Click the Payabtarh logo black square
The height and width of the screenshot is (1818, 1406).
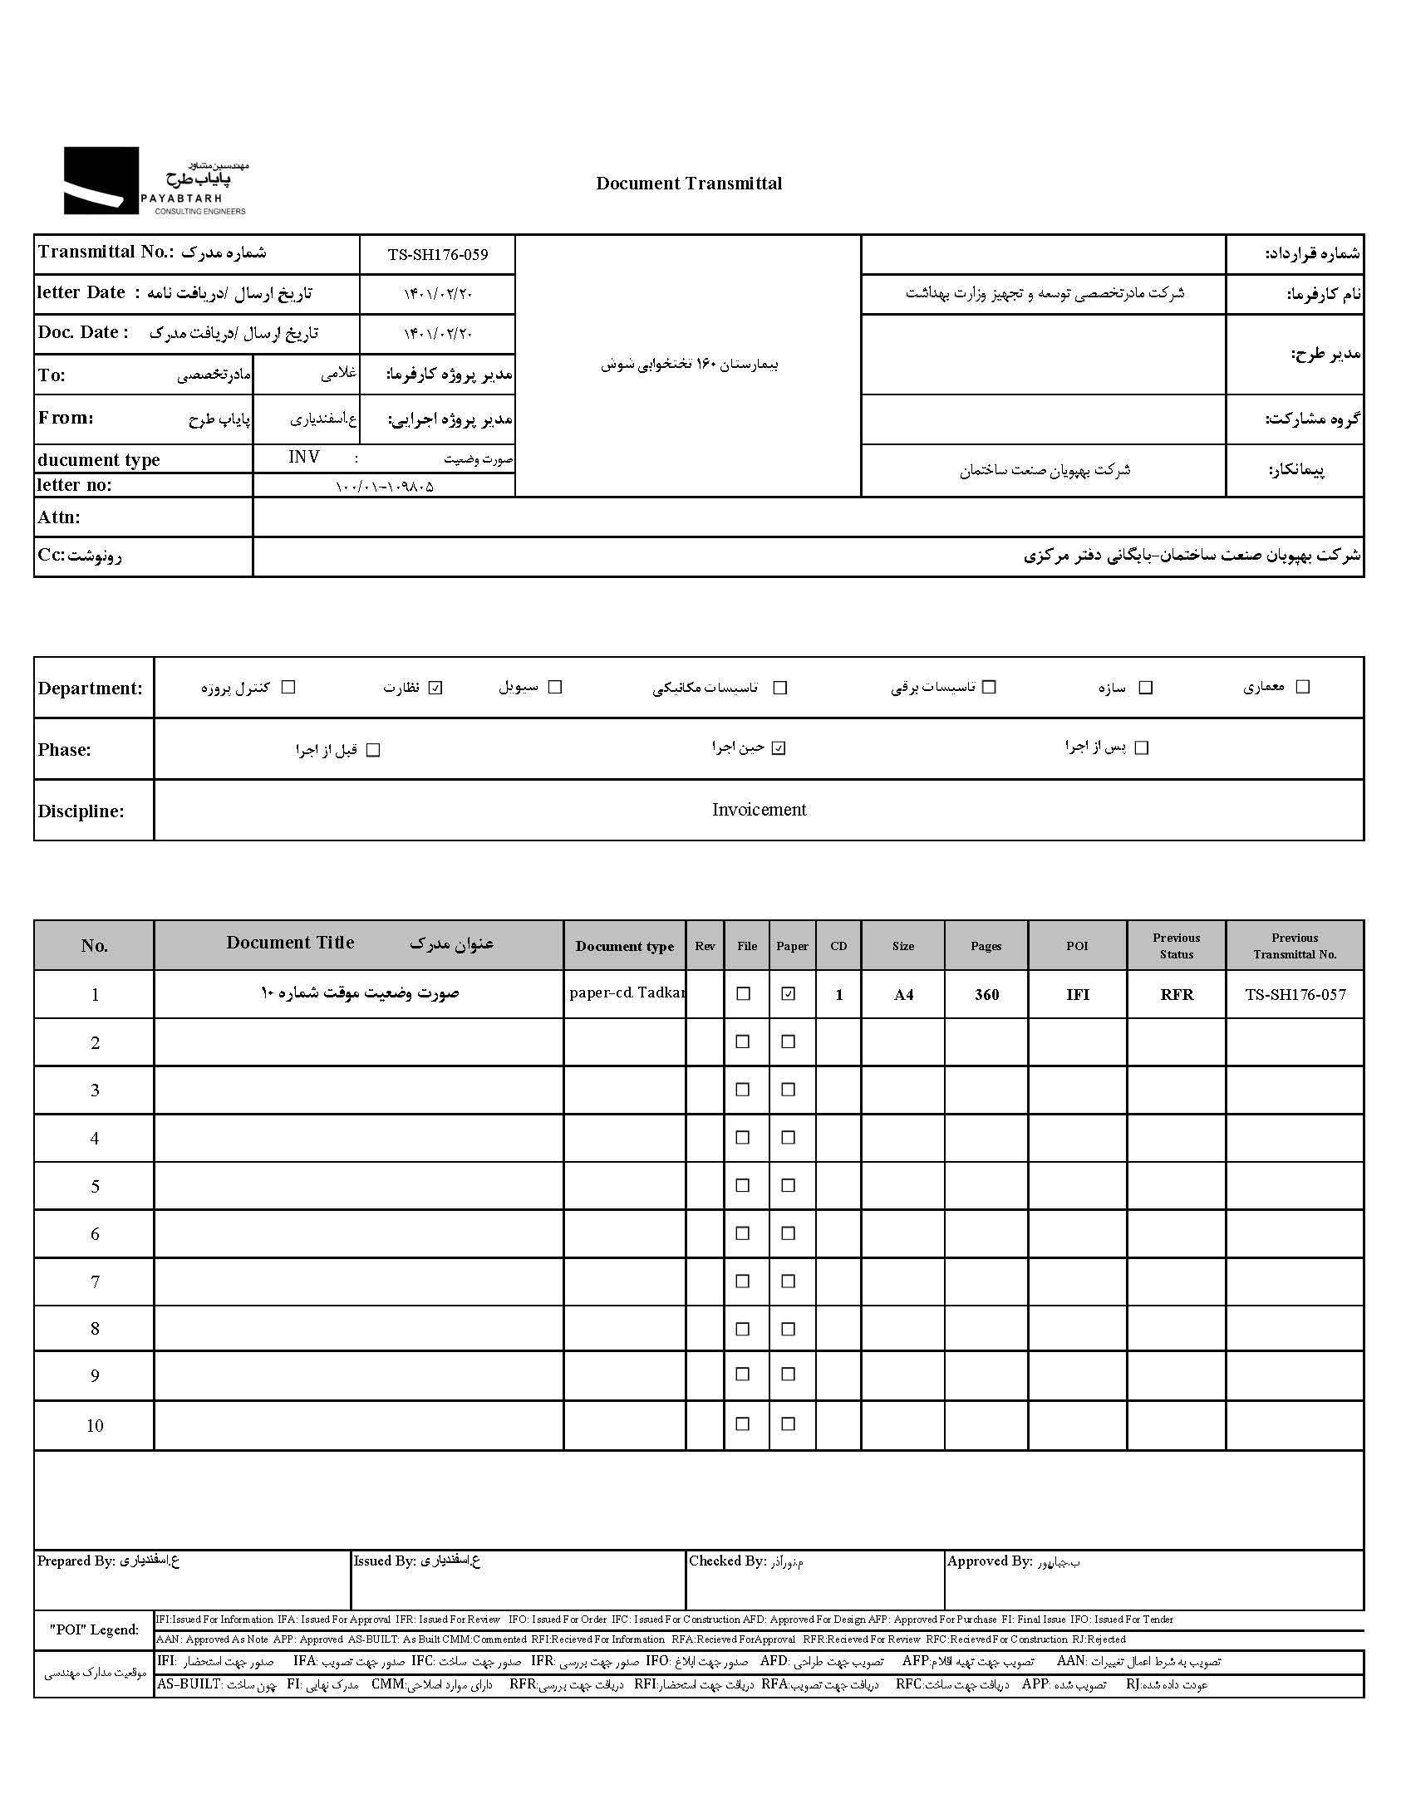(x=101, y=179)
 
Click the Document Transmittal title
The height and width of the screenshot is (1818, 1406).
(x=689, y=184)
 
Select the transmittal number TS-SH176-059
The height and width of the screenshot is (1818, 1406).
(x=437, y=255)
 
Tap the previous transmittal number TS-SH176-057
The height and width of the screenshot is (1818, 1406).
(x=1295, y=994)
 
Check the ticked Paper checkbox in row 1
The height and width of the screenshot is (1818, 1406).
(x=788, y=994)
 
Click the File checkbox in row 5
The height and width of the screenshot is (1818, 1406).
(x=743, y=1185)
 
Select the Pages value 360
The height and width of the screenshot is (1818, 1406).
(x=986, y=995)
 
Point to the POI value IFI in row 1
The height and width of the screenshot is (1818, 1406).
(x=1078, y=995)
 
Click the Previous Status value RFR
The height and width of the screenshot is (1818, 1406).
(x=1176, y=995)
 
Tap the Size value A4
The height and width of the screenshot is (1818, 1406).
(x=903, y=995)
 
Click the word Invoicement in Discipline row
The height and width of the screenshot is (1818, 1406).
(x=759, y=810)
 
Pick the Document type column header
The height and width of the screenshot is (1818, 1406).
(x=625, y=947)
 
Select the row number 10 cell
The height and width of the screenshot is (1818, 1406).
(x=95, y=1426)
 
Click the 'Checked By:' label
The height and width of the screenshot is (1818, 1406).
(x=727, y=1561)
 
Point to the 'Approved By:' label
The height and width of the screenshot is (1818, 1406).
(x=989, y=1561)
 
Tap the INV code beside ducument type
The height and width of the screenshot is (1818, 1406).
(x=303, y=458)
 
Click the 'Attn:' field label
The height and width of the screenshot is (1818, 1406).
(x=59, y=517)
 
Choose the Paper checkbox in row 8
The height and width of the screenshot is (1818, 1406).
(x=788, y=1330)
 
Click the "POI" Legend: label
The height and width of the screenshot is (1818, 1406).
(x=94, y=1629)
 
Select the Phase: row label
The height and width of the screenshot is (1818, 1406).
(x=64, y=750)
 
